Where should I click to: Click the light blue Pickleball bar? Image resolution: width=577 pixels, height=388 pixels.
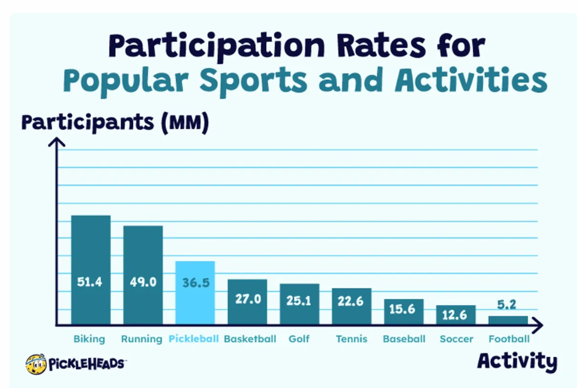point(195,293)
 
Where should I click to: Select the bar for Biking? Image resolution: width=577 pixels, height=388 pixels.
point(91,270)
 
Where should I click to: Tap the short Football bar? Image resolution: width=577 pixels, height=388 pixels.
point(508,321)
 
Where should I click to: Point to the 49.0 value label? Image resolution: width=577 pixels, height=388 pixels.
point(143,282)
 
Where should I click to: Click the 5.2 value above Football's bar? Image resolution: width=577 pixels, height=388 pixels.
point(506,304)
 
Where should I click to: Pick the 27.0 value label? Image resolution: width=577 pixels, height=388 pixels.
point(248,299)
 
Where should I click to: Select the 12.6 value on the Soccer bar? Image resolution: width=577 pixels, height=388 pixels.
point(454,315)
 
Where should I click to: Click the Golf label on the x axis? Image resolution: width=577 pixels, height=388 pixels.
point(299,338)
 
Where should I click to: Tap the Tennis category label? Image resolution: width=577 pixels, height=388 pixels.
point(352,338)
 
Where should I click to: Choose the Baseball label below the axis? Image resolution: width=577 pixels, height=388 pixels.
point(404,338)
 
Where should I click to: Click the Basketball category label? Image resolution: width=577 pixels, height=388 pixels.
point(250,338)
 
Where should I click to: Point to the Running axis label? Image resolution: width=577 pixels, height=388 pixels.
point(142,339)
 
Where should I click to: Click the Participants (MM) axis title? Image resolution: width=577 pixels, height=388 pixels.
point(115,123)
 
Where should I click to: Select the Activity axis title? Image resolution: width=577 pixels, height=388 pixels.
point(517,361)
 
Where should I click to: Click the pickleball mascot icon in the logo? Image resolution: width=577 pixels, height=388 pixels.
point(36,364)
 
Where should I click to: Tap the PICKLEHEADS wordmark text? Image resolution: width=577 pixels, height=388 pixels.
point(87,364)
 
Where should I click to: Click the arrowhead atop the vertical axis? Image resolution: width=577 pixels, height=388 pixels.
point(57,142)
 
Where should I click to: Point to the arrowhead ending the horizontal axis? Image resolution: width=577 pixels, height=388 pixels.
point(538,325)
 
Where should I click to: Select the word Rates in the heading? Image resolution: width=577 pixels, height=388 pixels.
point(381,45)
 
